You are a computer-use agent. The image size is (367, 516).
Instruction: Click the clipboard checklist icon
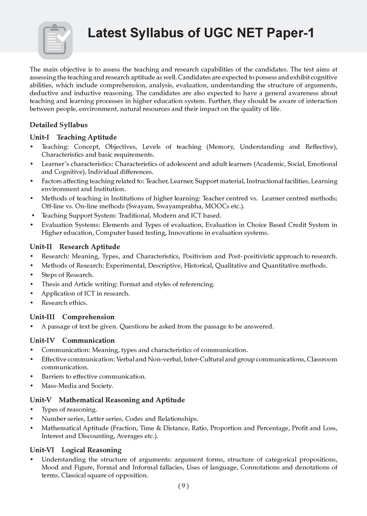pos(55,40)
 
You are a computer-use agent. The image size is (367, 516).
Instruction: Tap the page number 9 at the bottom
pos(183,486)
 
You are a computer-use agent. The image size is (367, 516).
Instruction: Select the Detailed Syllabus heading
pos(58,125)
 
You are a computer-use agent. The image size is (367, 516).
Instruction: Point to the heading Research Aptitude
pos(89,247)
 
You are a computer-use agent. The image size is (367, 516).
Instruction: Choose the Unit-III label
pos(41,317)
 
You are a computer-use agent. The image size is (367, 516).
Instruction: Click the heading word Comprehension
pos(88,317)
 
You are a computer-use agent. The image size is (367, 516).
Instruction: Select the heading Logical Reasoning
pos(91,450)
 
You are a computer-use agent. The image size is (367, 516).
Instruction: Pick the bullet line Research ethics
pos(64,303)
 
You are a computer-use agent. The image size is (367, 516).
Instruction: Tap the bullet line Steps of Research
pos(67,275)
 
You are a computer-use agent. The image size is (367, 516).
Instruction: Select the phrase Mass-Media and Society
pos(77,386)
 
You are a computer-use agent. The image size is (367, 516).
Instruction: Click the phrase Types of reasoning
pos(69,410)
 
